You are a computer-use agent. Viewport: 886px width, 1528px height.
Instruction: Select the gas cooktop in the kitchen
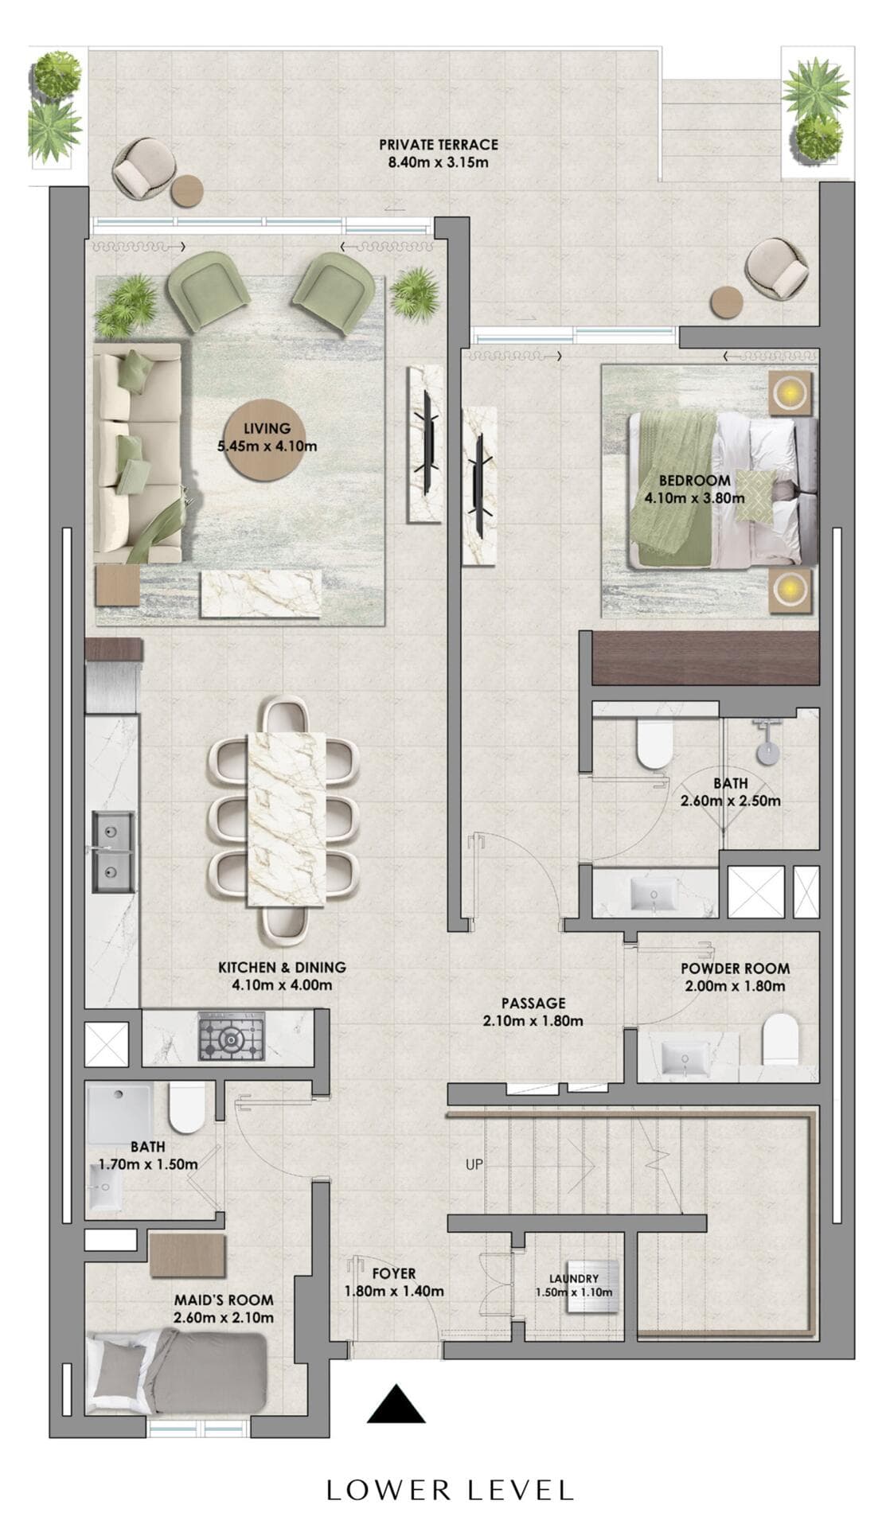[x=231, y=1037]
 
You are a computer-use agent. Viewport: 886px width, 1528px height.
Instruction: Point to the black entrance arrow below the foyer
[x=396, y=1404]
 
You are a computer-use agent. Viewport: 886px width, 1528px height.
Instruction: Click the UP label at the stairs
[x=474, y=1164]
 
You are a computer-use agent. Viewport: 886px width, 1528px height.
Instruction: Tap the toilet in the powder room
[x=779, y=1039]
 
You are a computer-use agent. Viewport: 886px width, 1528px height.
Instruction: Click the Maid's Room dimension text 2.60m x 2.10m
[x=223, y=1318]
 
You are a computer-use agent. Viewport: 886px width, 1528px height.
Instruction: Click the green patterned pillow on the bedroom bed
[x=753, y=495]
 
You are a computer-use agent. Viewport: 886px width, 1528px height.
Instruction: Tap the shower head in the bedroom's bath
[x=768, y=751]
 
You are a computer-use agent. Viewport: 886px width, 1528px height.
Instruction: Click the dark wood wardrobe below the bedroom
[x=705, y=658]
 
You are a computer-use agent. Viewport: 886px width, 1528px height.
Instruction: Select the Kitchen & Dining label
[x=282, y=976]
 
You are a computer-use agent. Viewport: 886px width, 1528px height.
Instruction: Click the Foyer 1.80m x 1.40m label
[x=393, y=1283]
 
